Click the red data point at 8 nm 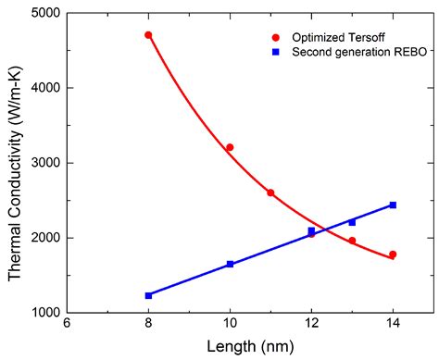[x=148, y=35]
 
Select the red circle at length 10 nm [x=230, y=147]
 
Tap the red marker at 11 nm [x=270, y=192]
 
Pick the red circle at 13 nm [x=352, y=241]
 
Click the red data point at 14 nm [x=393, y=254]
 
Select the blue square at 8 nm [x=148, y=295]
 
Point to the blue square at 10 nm [x=230, y=264]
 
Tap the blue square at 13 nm [x=352, y=222]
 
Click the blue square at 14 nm [x=393, y=205]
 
